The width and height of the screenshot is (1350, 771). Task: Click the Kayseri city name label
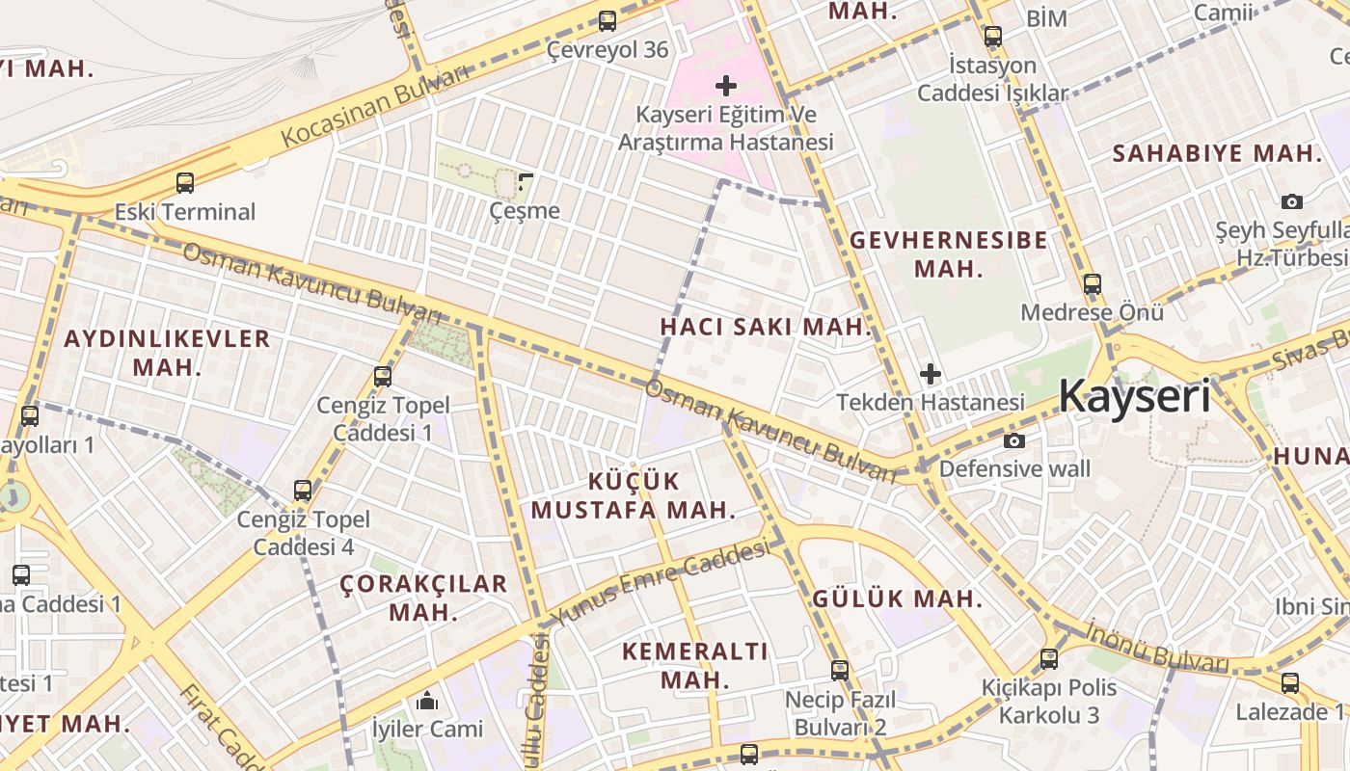(1134, 396)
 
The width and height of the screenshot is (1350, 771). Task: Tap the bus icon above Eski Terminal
(185, 182)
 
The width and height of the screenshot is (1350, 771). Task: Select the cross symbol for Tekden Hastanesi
(931, 373)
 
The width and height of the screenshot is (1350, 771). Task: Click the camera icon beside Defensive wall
(1014, 440)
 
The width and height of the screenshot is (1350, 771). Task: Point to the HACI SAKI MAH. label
(766, 327)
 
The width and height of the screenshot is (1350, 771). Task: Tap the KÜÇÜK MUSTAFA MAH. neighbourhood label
(634, 495)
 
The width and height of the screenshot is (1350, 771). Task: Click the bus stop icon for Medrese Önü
(1093, 284)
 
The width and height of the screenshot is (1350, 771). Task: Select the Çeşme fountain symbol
(526, 180)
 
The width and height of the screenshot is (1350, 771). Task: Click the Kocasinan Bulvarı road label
(375, 107)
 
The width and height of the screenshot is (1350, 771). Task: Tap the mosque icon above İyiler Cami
(427, 701)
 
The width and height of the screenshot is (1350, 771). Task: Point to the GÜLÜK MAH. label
(897, 598)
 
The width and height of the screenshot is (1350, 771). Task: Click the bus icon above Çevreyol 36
(607, 20)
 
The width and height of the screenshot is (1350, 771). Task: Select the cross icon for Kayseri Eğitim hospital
(726, 87)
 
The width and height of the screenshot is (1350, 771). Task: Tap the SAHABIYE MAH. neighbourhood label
(1216, 153)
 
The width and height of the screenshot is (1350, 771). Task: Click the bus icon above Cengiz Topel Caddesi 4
(303, 491)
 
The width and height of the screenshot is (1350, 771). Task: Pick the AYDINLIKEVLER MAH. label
(167, 352)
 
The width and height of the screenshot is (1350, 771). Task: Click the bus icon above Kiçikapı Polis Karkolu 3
(1049, 660)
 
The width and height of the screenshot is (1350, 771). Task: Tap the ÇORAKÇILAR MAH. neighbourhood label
(423, 598)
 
